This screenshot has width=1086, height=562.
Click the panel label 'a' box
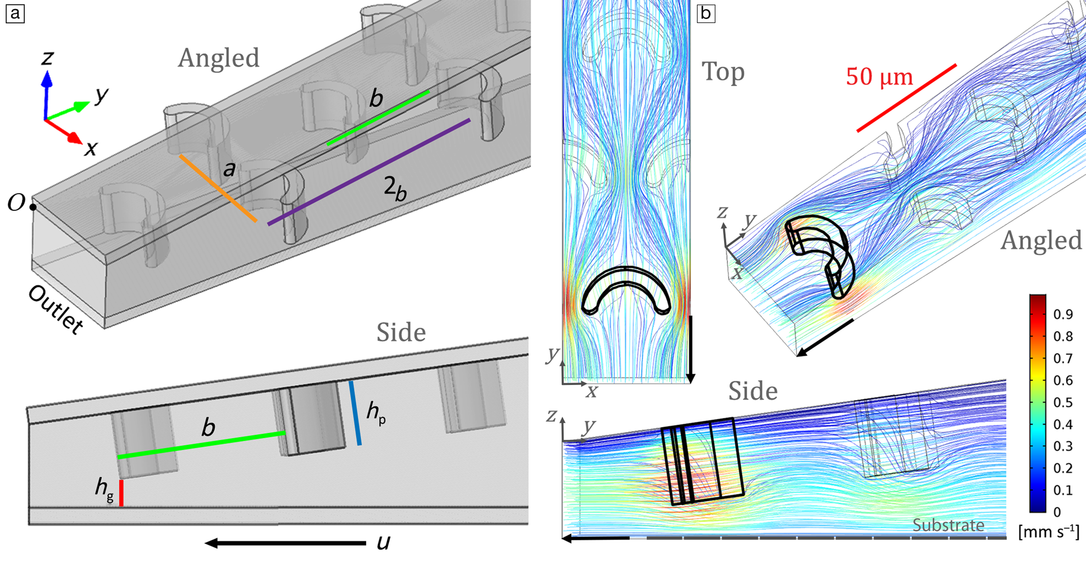point(15,13)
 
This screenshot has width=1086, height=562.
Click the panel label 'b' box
point(706,13)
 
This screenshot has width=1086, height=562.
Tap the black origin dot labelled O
point(33,207)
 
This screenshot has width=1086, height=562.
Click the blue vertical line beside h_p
point(355,413)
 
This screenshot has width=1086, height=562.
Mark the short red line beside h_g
point(121,493)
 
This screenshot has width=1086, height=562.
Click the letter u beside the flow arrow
point(383,542)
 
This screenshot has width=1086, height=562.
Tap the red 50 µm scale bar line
point(907,98)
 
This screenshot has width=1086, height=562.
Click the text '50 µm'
point(879,76)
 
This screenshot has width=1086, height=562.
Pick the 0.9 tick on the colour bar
point(1062,314)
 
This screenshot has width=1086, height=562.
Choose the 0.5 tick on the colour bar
point(1062,402)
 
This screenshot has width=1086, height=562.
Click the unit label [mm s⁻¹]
point(1048,532)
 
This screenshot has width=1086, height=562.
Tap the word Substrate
point(948,525)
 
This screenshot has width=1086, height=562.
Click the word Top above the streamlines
point(723,72)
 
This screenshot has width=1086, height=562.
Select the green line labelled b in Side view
point(201,445)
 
